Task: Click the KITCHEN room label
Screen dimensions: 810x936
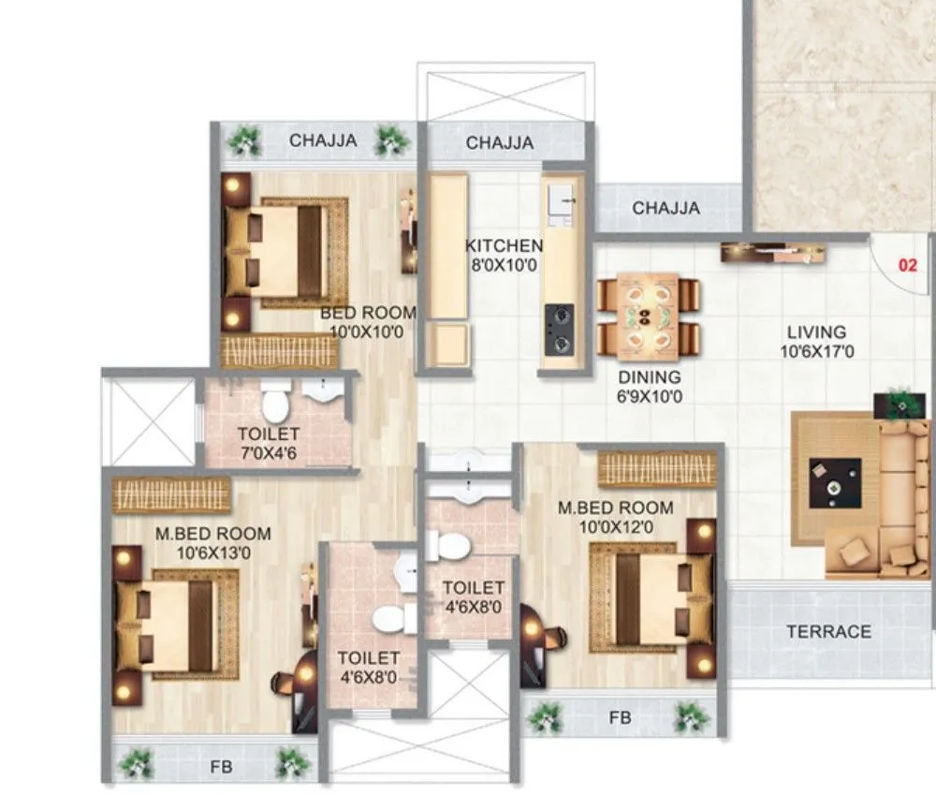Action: [505, 245]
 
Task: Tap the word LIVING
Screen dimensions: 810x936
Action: [816, 331]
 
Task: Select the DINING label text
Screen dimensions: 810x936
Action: [650, 377]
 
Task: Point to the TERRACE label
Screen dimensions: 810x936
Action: [828, 631]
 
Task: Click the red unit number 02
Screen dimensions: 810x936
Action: [907, 265]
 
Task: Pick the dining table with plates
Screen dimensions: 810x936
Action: [648, 316]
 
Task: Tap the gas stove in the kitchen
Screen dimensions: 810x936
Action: [559, 329]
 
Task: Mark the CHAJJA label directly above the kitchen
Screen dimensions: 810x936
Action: [500, 143]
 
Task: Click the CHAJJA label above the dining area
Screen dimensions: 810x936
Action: [665, 208]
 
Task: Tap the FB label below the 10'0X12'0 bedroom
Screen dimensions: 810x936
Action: [620, 717]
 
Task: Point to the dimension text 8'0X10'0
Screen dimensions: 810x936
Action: [505, 265]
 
